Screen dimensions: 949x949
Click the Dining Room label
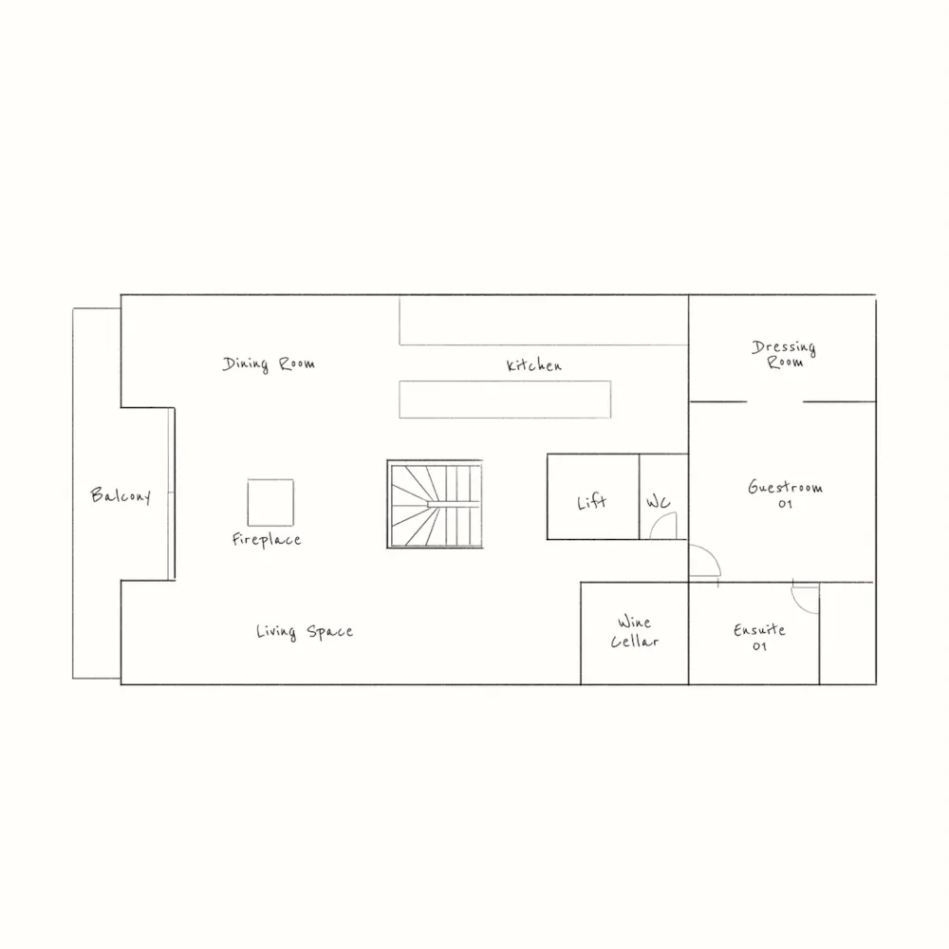269,363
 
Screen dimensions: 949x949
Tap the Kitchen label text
533,365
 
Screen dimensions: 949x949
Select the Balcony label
121,495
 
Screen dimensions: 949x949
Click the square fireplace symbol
270,502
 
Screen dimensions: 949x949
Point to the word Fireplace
267,540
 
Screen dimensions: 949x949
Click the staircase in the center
435,505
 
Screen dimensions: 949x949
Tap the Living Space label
304,632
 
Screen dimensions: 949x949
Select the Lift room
592,498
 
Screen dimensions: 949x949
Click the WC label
659,502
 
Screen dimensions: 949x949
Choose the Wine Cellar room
634,633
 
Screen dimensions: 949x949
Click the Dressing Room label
784,354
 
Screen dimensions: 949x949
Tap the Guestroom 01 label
785,494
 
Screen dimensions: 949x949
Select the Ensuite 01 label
759,638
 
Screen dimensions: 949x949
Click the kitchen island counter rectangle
505,400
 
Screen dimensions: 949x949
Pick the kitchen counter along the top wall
543,320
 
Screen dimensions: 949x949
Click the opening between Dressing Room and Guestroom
774,401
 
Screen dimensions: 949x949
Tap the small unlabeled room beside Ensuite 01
847,633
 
